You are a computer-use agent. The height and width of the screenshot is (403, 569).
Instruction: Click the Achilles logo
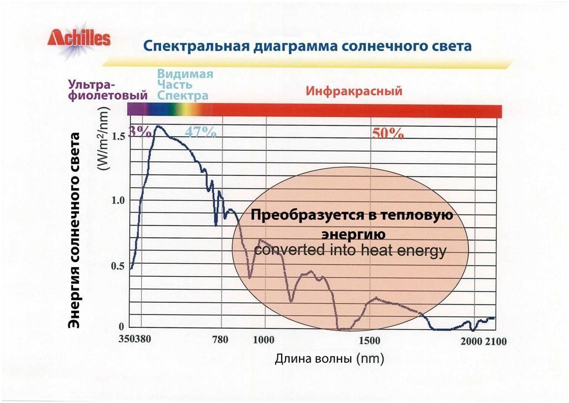tap(79, 39)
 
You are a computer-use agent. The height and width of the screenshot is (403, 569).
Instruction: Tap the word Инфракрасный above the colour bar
tap(354, 91)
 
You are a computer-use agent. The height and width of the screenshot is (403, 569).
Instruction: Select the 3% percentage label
tap(139, 132)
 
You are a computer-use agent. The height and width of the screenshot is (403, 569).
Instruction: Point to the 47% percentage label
tap(200, 132)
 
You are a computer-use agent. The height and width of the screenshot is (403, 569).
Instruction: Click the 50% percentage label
tap(387, 133)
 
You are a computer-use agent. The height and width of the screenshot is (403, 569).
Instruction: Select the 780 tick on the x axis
tap(221, 340)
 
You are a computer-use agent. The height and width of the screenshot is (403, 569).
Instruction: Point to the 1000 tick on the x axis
tap(263, 340)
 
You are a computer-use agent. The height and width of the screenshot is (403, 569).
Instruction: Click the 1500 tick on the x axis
tap(370, 340)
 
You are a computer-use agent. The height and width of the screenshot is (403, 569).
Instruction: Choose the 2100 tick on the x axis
tap(496, 341)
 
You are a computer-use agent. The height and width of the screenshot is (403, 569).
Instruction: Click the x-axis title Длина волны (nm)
tap(330, 358)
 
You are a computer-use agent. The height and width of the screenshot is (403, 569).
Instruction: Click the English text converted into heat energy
tap(350, 251)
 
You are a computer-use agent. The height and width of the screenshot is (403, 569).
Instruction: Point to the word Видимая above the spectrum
tap(185, 74)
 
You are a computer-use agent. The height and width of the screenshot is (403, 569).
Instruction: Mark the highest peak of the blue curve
tap(157, 126)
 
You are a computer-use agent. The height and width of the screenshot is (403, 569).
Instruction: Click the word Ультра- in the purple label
tap(91, 85)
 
